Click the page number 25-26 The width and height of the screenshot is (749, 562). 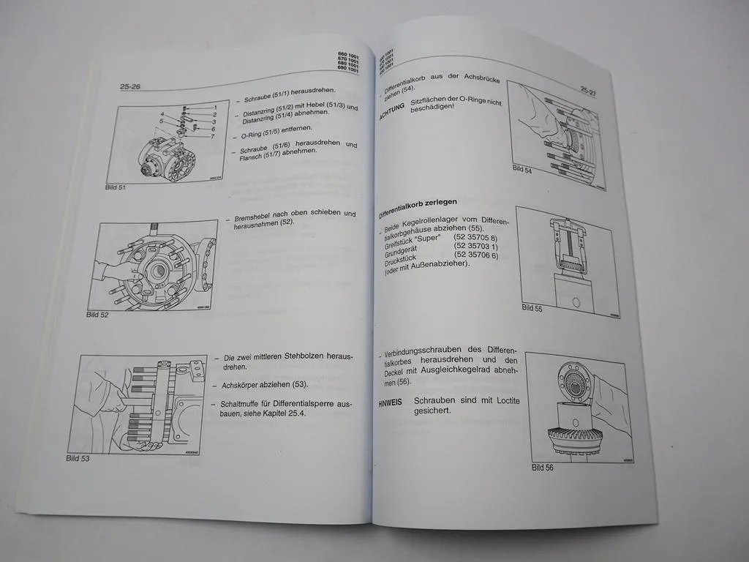tap(130, 86)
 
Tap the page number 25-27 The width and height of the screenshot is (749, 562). tap(590, 90)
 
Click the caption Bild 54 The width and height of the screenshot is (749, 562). tap(522, 169)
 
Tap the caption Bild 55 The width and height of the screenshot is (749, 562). tap(532, 308)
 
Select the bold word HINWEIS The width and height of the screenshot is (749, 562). tap(393, 403)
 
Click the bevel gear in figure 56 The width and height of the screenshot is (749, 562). tap(573, 437)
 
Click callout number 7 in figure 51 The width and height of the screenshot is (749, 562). tap(213, 136)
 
